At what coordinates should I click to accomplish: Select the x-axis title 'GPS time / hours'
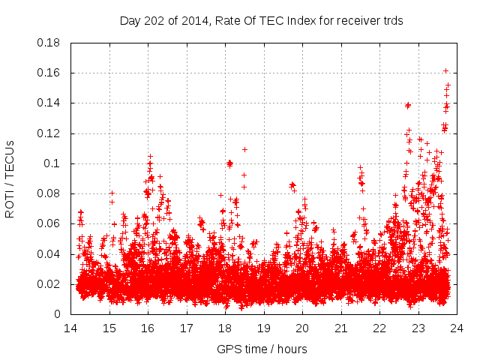261,349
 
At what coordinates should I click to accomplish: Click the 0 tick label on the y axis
58,314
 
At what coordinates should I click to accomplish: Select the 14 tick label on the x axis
70,328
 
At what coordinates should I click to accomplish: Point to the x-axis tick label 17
186,328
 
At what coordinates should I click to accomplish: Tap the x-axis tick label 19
263,328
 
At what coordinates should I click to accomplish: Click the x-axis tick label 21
340,328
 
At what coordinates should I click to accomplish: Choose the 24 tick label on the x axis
456,328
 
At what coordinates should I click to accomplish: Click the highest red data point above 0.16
445,71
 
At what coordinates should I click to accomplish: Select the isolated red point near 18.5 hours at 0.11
244,149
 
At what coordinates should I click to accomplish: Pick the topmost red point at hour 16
150,156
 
